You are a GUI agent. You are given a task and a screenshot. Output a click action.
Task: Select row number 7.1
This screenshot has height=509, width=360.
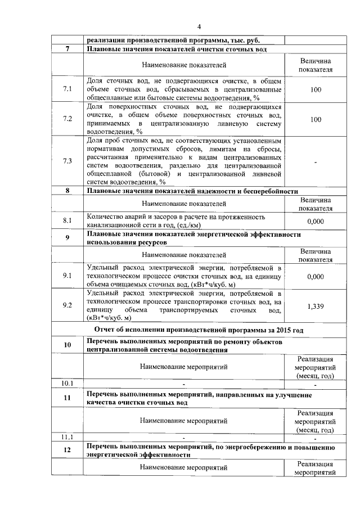tap(67, 89)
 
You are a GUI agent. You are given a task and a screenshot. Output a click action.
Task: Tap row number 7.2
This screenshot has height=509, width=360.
tap(67, 119)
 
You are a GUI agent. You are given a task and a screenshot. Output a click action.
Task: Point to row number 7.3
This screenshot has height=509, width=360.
tap(67, 161)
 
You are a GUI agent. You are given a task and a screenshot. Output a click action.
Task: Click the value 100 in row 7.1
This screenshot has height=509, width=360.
tap(316, 89)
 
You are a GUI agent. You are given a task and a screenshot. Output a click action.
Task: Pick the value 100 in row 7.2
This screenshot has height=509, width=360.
tap(316, 119)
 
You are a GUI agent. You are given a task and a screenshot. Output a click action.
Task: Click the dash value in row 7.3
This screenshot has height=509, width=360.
tap(316, 161)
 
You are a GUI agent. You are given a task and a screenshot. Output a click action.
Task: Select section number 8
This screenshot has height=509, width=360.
tap(67, 191)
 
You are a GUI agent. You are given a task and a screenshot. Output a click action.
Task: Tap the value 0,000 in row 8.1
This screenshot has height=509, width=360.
tap(316, 221)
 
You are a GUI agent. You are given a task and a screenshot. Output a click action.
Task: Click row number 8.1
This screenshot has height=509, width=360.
tap(67, 221)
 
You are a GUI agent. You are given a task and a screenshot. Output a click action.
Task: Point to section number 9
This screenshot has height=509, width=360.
tap(67, 237)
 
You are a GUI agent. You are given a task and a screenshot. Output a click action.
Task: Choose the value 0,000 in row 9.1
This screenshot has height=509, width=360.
tap(316, 276)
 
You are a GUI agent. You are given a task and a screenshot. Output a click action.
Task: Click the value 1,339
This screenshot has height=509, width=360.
tap(316, 305)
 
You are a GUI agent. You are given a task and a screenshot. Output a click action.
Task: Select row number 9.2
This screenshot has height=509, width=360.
tap(67, 305)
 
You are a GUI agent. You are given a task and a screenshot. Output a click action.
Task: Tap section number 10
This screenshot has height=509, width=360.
tap(67, 345)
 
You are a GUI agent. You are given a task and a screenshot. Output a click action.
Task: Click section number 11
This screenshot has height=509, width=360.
tap(67, 398)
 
